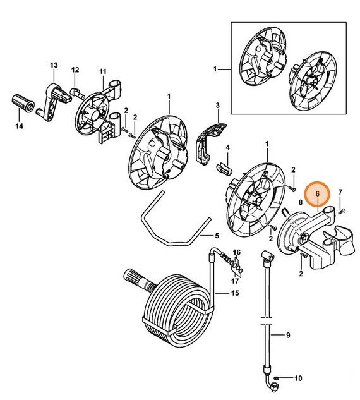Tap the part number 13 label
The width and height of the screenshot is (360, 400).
click(54, 65)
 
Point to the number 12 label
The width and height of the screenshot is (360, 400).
click(75, 70)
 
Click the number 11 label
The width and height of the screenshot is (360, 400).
click(103, 70)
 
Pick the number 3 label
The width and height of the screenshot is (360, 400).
click(217, 105)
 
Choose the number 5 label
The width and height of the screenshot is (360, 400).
click(217, 236)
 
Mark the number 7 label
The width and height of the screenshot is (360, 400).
click(340, 192)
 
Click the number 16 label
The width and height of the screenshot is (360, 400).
click(237, 253)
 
